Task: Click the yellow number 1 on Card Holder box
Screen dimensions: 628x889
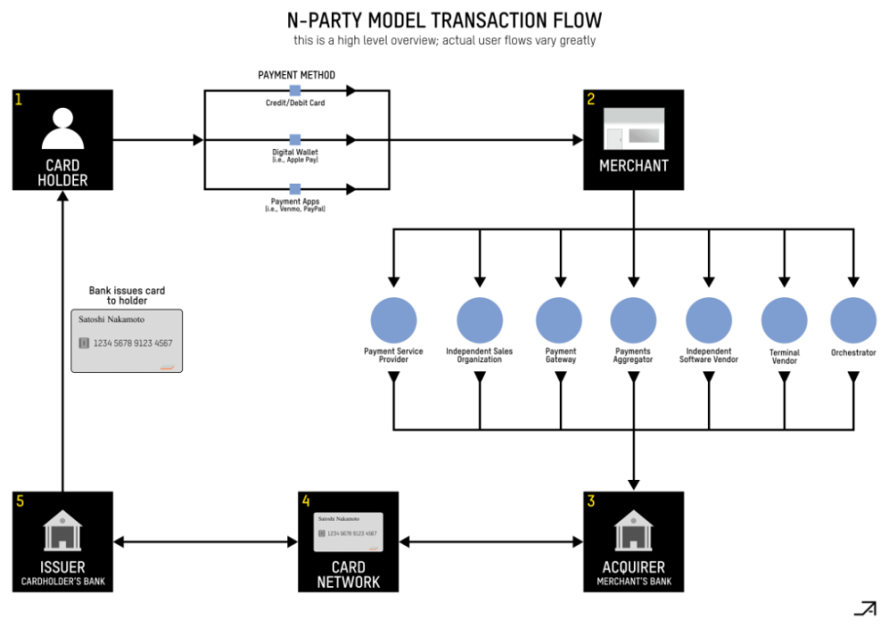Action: [19, 99]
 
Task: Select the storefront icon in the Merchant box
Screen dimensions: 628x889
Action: [633, 136]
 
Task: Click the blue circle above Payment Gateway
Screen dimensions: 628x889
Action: [559, 320]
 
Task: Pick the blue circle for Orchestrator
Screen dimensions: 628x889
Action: [852, 320]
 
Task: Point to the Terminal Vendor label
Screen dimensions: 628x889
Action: [784, 357]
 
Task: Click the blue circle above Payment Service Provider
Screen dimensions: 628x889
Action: [393, 320]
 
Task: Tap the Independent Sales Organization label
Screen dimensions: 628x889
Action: [479, 356]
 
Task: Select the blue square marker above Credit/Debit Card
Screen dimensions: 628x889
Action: [295, 90]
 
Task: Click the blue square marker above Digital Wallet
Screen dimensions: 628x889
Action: [295, 140]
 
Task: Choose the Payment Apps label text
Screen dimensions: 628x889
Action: [295, 201]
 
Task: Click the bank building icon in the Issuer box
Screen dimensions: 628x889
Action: [62, 530]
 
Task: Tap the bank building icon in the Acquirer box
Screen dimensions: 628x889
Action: [633, 530]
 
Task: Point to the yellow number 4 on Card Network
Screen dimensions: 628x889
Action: [306, 501]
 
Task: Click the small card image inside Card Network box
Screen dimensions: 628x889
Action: [348, 532]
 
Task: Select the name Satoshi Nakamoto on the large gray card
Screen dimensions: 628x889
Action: [112, 319]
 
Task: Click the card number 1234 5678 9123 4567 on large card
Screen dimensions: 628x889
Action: [133, 344]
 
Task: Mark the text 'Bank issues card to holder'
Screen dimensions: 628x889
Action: [126, 295]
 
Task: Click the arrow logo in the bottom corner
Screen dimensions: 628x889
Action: [864, 608]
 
